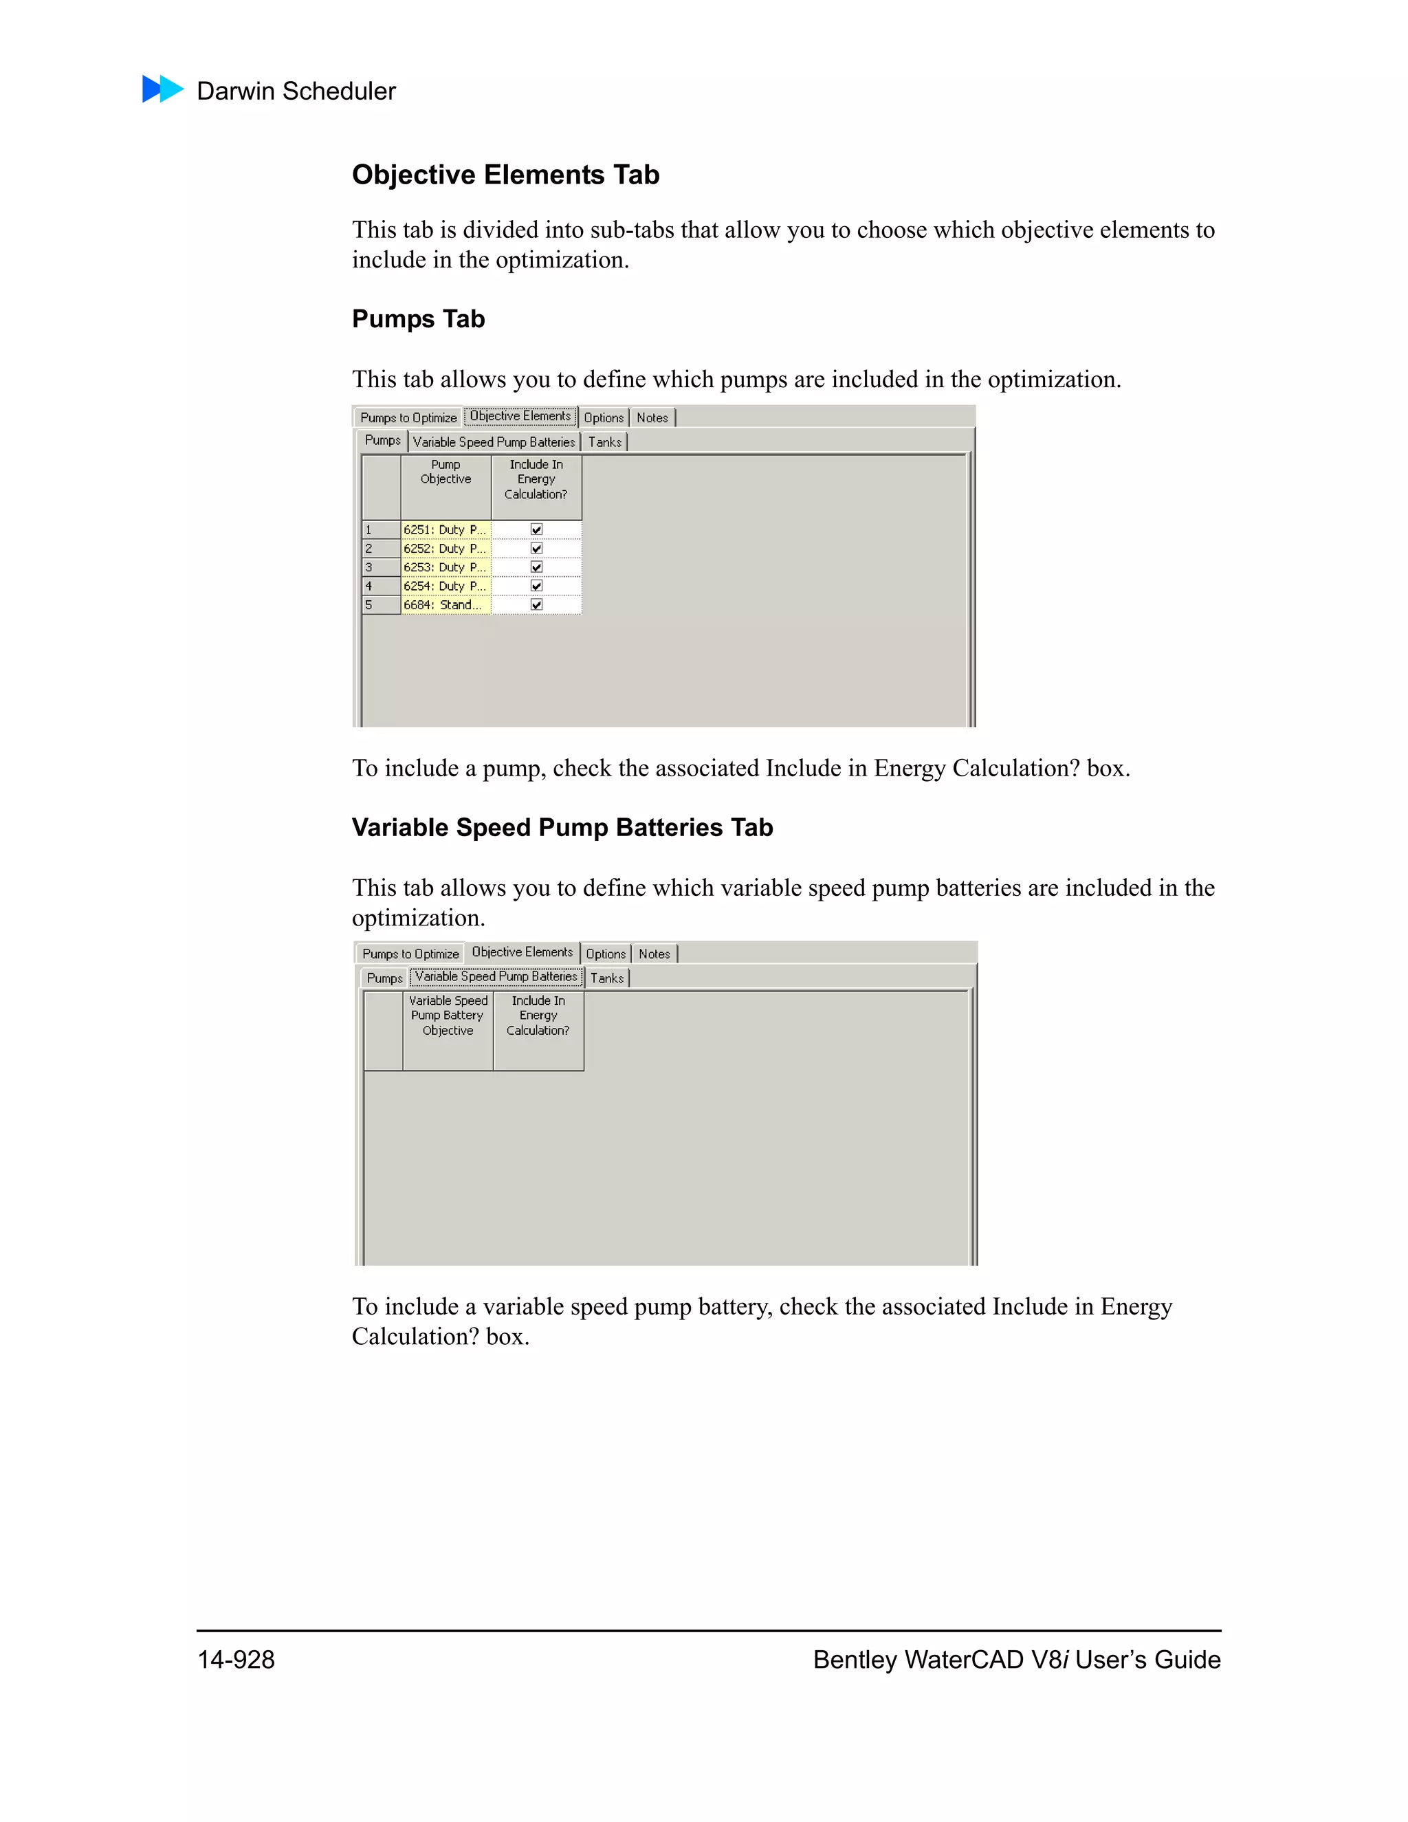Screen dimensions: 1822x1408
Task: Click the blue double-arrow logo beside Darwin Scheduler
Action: (163, 89)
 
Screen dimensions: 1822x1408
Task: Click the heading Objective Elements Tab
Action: (505, 175)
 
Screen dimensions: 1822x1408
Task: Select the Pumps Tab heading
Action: (418, 320)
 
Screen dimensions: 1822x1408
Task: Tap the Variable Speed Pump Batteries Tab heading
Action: (562, 828)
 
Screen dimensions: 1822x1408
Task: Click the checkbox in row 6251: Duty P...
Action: (536, 529)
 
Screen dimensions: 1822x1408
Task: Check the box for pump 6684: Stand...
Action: (536, 605)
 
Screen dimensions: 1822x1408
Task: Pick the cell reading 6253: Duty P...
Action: (445, 567)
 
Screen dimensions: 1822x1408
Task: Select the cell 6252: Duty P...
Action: (445, 549)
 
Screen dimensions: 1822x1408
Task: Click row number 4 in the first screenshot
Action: (368, 586)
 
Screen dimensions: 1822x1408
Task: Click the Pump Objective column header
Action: (445, 472)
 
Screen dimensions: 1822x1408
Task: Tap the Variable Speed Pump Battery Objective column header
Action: (448, 1016)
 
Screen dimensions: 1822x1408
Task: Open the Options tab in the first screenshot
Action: (603, 418)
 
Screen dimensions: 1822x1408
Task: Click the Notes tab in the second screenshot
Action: (654, 954)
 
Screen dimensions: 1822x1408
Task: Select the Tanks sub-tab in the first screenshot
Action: (605, 442)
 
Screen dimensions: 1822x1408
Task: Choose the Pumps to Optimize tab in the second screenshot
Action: (410, 954)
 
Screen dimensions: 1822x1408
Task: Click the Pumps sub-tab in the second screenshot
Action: (384, 978)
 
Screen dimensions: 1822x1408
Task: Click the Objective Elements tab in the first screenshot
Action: (520, 416)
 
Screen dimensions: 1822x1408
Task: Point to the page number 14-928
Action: (236, 1659)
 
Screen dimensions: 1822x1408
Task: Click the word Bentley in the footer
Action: (855, 1659)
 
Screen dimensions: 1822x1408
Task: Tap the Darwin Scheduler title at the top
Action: (296, 91)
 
